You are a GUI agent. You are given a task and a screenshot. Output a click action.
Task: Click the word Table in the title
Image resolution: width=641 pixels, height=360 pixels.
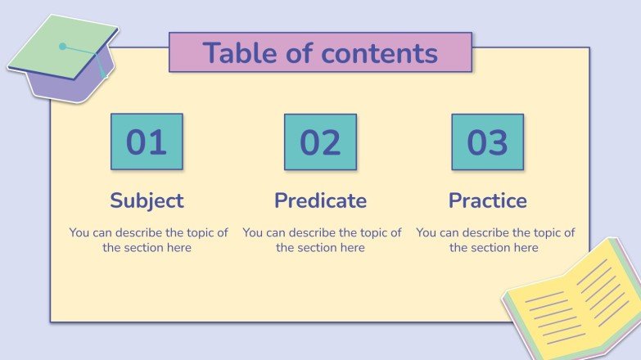click(238, 53)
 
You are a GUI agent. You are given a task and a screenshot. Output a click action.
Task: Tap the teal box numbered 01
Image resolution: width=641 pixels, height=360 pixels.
click(147, 142)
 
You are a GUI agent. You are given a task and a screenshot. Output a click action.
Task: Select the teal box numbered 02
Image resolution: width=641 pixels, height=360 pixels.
click(320, 142)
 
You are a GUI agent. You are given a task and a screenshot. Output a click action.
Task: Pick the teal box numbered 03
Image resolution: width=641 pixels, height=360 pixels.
click(487, 142)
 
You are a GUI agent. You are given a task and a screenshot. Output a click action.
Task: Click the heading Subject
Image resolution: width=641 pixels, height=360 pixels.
click(147, 200)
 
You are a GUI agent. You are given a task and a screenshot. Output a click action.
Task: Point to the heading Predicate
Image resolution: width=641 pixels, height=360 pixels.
click(320, 200)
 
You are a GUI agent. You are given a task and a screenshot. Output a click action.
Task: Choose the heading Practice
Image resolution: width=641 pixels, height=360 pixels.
click(487, 200)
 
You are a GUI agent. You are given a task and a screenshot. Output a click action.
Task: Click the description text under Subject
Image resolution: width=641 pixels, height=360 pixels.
click(148, 240)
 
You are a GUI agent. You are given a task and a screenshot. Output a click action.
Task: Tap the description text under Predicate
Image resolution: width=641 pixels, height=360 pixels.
click(322, 240)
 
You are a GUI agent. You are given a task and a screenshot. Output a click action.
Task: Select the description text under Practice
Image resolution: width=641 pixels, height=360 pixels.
click(495, 240)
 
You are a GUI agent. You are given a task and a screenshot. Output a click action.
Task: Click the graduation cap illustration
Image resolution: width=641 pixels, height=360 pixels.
click(62, 59)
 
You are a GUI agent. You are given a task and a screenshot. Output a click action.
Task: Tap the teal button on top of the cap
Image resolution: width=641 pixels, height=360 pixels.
click(63, 47)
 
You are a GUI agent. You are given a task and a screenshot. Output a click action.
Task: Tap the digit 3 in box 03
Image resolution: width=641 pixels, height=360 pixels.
click(498, 142)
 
